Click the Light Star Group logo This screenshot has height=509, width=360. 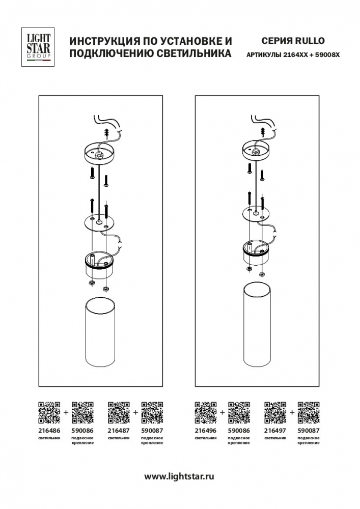38,47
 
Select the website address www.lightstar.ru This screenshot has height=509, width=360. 179,476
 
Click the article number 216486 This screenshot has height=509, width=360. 49,431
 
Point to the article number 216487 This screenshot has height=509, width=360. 119,431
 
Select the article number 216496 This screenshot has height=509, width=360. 206,431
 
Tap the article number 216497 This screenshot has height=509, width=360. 275,431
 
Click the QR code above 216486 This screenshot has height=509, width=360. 49,413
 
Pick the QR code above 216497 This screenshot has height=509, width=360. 275,413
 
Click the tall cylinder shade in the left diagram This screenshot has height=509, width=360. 100,332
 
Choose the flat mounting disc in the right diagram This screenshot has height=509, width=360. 256,213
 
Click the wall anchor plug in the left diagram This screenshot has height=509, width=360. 107,133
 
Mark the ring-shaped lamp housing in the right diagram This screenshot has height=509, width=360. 256,252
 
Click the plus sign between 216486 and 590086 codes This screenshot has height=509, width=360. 66,413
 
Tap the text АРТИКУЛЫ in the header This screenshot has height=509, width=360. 264,55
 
